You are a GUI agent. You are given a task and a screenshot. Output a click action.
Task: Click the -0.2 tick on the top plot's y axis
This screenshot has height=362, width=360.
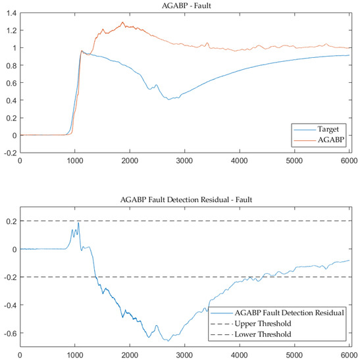pos(9,153)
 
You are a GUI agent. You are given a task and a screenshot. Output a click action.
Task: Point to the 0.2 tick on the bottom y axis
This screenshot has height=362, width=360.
pos(11,222)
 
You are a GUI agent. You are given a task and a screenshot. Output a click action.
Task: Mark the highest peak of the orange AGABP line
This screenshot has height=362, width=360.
pos(122,22)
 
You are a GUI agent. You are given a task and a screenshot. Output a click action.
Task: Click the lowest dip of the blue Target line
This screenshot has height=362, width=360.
pos(169,99)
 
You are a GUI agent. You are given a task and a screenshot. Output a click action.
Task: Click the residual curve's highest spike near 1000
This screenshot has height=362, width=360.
pos(78,223)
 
